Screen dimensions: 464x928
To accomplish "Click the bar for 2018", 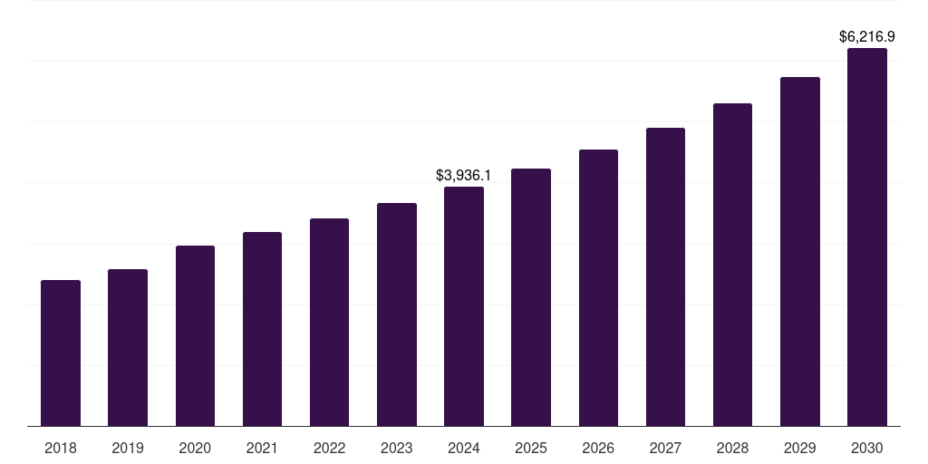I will click(x=61, y=353).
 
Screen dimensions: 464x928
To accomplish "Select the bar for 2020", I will click(x=195, y=336).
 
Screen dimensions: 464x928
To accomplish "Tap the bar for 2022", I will click(x=329, y=323).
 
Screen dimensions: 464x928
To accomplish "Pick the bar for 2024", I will click(x=464, y=306).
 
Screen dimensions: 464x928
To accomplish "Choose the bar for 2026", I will click(x=598, y=288).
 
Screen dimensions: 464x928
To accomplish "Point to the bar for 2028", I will click(x=732, y=265).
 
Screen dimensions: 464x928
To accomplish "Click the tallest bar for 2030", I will click(x=867, y=237).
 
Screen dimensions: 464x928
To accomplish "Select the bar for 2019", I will click(x=128, y=348).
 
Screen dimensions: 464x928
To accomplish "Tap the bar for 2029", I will click(x=800, y=252).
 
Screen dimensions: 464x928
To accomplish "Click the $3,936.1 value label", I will click(x=464, y=175).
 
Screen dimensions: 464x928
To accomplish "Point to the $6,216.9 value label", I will click(x=867, y=37).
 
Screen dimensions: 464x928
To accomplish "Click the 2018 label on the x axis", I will click(x=61, y=449).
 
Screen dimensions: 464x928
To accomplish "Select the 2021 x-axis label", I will click(x=262, y=449).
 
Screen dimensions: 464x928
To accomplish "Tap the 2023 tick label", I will click(x=397, y=449).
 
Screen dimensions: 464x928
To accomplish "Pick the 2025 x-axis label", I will click(x=531, y=449).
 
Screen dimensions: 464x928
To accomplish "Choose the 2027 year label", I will click(x=665, y=449).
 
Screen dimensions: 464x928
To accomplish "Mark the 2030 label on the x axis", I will click(x=867, y=449).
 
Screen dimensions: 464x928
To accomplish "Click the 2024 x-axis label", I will click(x=464, y=449).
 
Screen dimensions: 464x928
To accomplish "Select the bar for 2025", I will click(x=531, y=297).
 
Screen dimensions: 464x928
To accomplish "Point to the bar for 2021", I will click(x=262, y=329).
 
